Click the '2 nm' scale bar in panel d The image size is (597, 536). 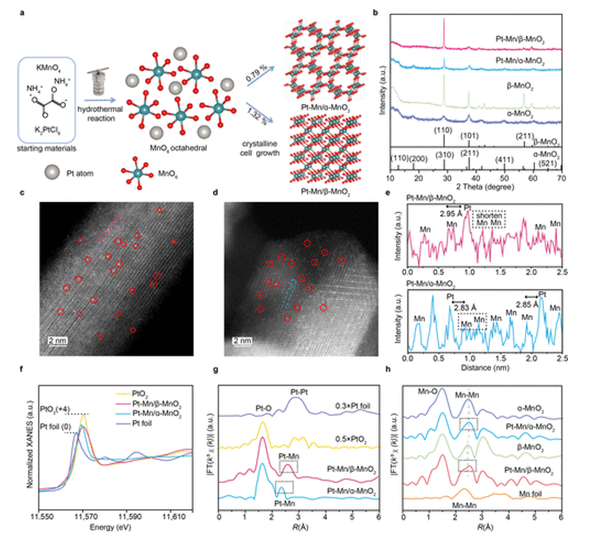(x=243, y=341)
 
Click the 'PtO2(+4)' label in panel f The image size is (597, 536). (x=57, y=407)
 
